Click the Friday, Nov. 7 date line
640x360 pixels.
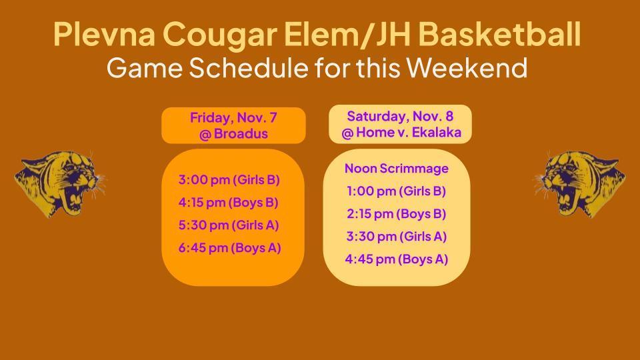point(233,118)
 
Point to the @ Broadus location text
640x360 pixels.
point(233,133)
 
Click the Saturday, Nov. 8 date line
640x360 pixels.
point(400,117)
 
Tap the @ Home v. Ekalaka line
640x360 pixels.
point(400,133)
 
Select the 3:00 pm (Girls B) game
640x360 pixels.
point(229,180)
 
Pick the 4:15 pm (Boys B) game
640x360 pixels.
point(229,203)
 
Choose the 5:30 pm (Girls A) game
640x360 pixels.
point(229,225)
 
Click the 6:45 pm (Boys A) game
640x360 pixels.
point(229,248)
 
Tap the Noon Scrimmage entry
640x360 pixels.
point(396,169)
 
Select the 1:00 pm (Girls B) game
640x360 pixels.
point(396,191)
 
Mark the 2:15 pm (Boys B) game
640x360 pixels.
point(396,214)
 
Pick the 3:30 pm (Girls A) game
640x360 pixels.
point(396,237)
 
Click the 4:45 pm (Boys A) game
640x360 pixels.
point(396,259)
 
